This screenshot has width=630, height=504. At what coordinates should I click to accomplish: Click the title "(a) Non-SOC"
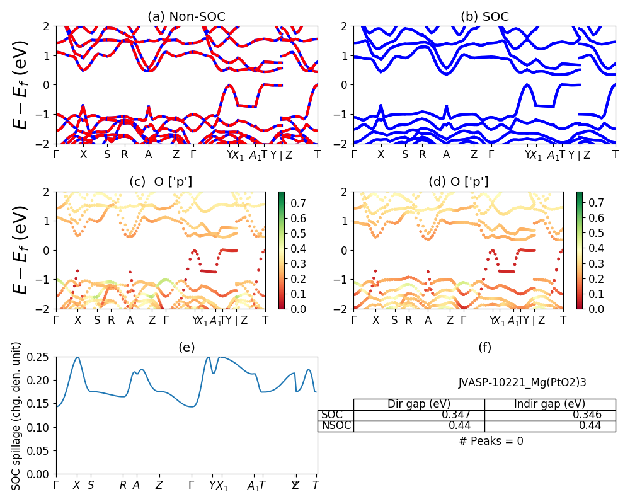coord(186,17)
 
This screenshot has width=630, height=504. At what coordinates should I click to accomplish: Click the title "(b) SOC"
coord(484,17)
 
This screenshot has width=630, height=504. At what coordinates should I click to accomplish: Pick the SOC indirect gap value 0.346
coord(587,415)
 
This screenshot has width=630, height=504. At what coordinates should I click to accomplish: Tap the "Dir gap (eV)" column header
coord(419,404)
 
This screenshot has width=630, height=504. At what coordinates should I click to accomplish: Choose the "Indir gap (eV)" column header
coord(550,404)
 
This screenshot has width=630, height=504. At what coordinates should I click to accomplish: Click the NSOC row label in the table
coord(335,426)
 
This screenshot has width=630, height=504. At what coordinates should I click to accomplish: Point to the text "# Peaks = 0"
coord(491,441)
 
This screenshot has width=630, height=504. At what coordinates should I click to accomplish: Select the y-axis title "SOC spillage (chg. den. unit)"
coord(17,416)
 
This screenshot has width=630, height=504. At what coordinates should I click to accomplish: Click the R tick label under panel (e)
coord(123,485)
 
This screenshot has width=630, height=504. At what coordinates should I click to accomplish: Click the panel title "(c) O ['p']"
coord(161,182)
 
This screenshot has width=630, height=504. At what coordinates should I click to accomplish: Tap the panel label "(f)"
coord(484,347)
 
